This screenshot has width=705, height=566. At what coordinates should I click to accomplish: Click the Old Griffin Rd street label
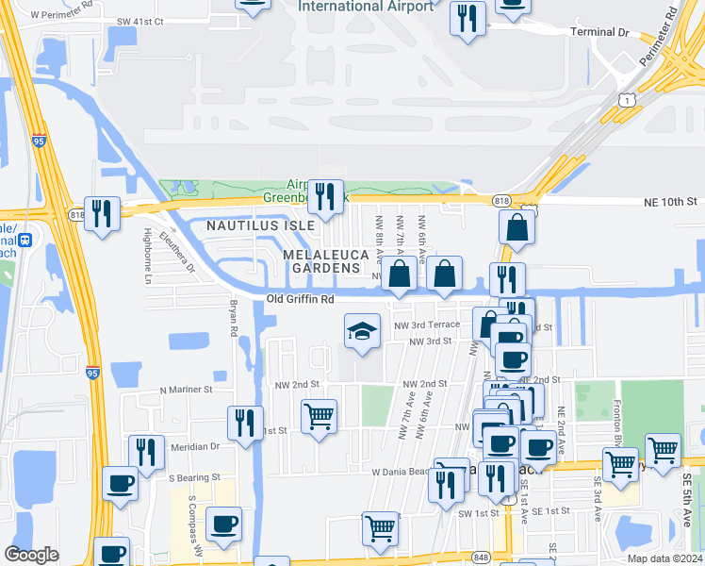pyautogui.click(x=301, y=299)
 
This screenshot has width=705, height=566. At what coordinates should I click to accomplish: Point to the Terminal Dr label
pyautogui.click(x=599, y=32)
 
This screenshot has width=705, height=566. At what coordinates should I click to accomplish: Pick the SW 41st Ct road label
pyautogui.click(x=140, y=21)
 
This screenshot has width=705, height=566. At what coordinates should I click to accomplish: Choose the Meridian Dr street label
pyautogui.click(x=196, y=446)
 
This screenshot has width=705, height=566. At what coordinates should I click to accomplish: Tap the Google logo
pyautogui.click(x=32, y=555)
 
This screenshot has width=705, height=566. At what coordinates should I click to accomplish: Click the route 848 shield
pyautogui.click(x=481, y=557)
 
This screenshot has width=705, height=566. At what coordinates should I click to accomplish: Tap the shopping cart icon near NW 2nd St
pyautogui.click(x=319, y=416)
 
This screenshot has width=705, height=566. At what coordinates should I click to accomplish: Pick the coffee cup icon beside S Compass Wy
pyautogui.click(x=223, y=524)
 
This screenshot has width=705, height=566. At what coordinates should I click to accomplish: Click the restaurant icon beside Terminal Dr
pyautogui.click(x=467, y=19)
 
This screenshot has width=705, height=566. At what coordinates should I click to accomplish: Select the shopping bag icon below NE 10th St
pyautogui.click(x=516, y=227)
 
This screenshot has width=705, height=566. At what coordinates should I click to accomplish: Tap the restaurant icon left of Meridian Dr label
pyautogui.click(x=146, y=452)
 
